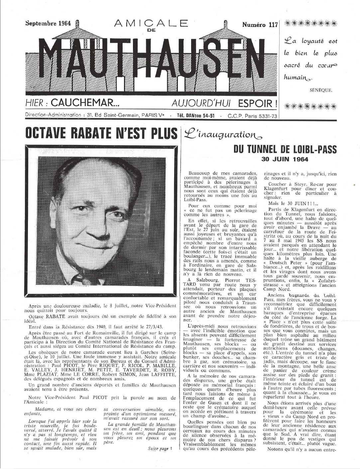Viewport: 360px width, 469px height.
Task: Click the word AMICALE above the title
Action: coord(151,23)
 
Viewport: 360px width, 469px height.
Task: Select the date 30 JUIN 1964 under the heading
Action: coord(285,159)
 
